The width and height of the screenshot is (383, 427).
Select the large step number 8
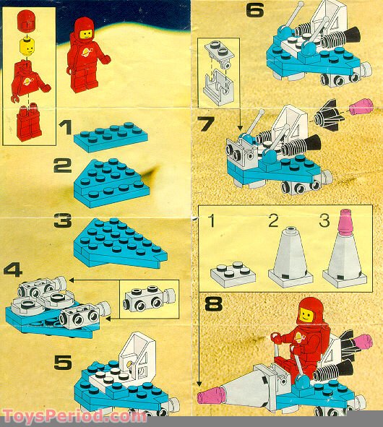(x=214, y=304)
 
